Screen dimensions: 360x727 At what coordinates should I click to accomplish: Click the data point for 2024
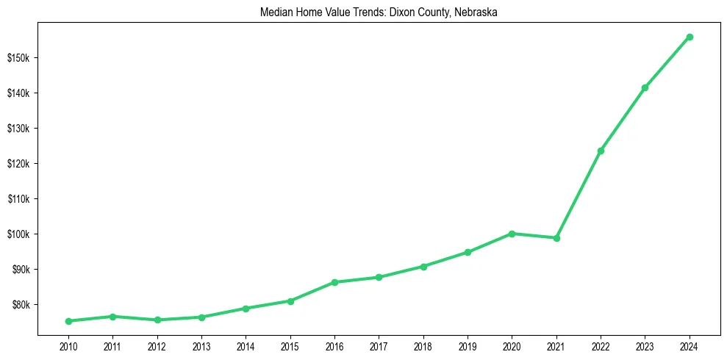coord(690,37)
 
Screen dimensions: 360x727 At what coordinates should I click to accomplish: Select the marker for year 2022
coord(601,151)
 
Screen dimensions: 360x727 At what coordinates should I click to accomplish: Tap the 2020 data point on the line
coord(512,234)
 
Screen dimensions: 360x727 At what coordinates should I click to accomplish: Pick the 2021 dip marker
coord(556,238)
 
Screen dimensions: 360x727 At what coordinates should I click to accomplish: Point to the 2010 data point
coord(68,321)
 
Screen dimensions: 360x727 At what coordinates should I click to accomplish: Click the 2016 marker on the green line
coord(334,282)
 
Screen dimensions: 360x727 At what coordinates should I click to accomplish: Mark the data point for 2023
coord(645,88)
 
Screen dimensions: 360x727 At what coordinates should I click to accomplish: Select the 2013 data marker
coord(201,317)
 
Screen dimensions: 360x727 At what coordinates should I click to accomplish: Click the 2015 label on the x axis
coord(290,345)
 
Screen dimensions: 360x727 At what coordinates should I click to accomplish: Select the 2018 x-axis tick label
coord(423,345)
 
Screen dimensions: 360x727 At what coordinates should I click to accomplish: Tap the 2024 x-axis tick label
coord(690,345)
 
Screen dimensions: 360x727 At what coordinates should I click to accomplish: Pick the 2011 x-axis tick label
coord(112,345)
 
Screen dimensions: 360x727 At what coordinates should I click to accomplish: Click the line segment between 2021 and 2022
coord(579,195)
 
